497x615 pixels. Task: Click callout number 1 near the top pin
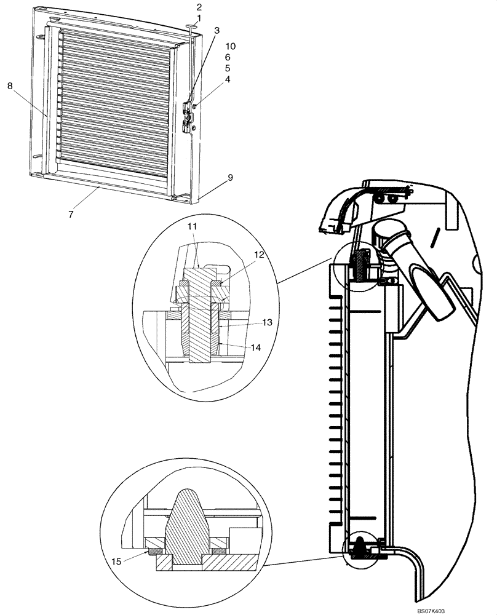coord(199,18)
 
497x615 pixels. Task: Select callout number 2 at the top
coord(199,7)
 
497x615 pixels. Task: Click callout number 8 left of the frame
coord(10,87)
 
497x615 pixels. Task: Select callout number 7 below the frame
coord(71,214)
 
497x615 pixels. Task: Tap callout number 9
coord(230,177)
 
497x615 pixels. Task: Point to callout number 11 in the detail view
coord(192,227)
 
